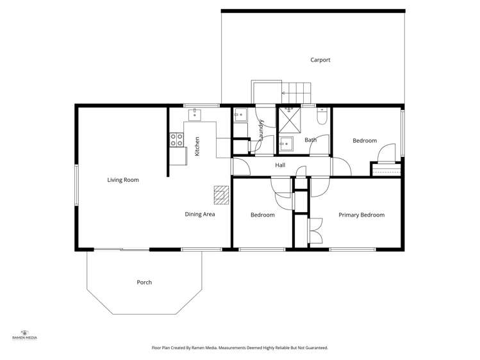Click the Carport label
[x=320, y=60]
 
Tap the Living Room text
[x=123, y=180]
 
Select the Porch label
[x=144, y=282]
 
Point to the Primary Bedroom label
[x=361, y=215]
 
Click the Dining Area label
[x=200, y=215]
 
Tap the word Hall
[x=280, y=165]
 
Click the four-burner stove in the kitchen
[x=176, y=140]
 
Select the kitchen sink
[x=195, y=115]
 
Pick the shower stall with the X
[x=288, y=118]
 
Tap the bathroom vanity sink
[x=286, y=143]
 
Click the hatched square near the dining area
[x=221, y=193]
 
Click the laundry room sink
[x=240, y=116]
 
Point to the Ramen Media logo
[x=24, y=334]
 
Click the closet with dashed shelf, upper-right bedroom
[x=386, y=170]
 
